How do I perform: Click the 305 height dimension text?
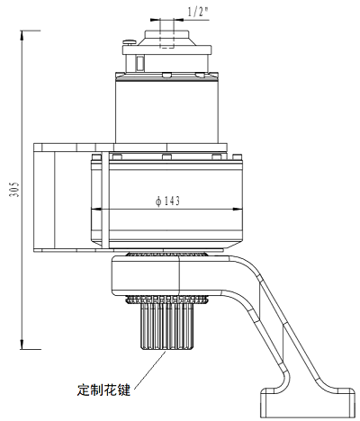pyautogui.click(x=14, y=189)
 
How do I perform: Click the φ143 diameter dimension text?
pyautogui.click(x=168, y=201)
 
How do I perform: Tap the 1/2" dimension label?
pyautogui.click(x=198, y=13)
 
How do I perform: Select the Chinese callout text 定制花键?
pyautogui.click(x=103, y=390)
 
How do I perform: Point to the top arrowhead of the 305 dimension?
pyautogui.click(x=22, y=35)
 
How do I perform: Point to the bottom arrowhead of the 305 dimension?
pyautogui.click(x=22, y=345)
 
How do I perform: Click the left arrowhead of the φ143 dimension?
pyautogui.click(x=96, y=210)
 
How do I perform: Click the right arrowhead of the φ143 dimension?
pyautogui.click(x=238, y=210)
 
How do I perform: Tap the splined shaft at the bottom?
pyautogui.click(x=166, y=326)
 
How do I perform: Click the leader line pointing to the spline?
pyautogui.click(x=149, y=371)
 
